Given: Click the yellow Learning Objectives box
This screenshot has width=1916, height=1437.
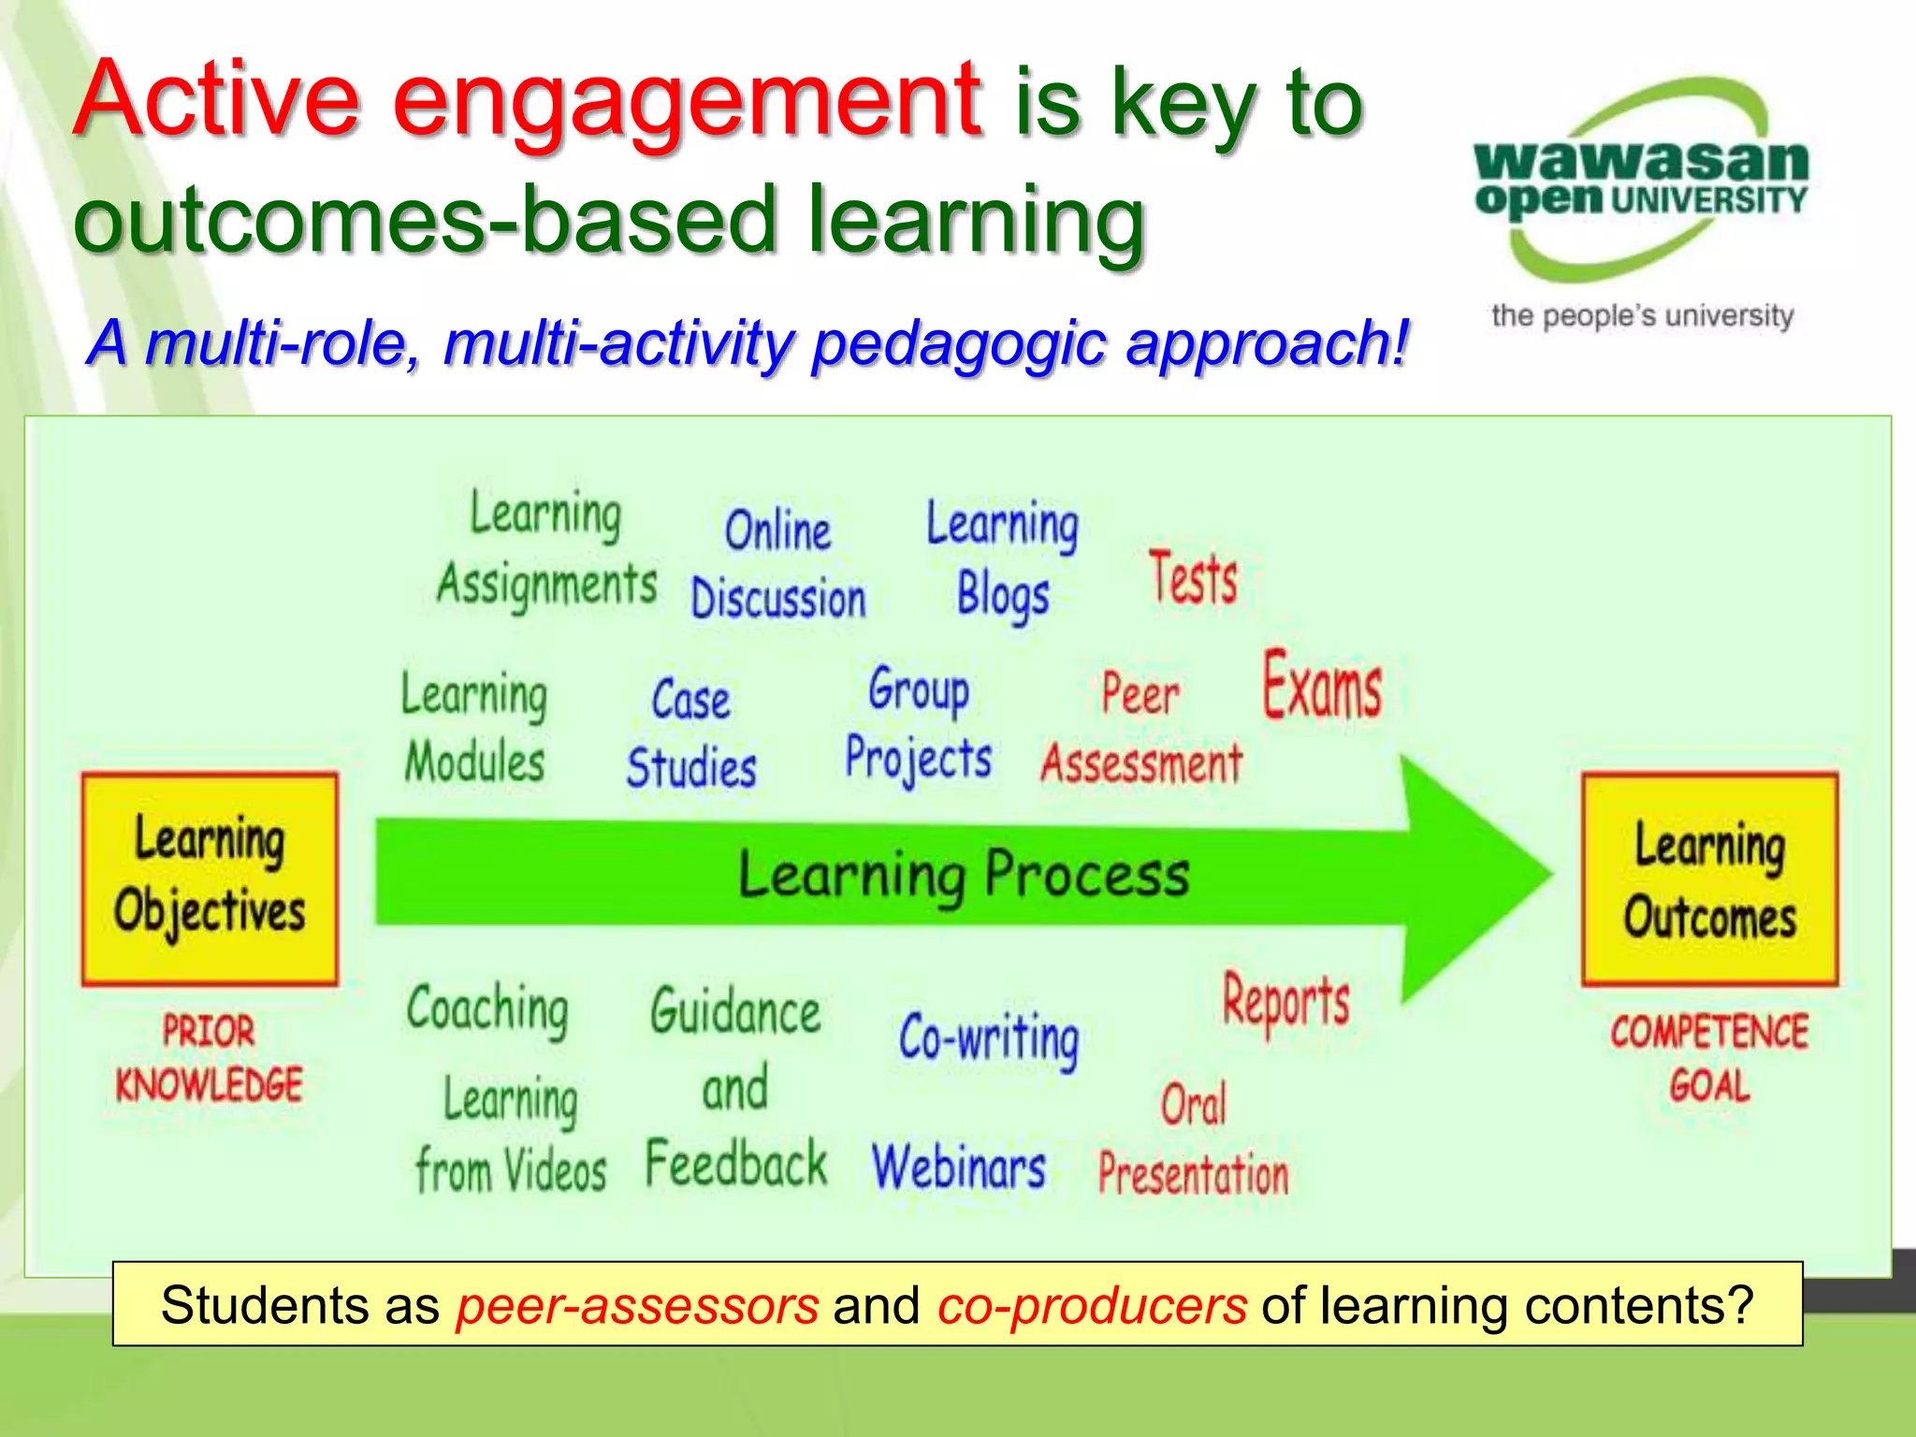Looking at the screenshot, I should coord(210,878).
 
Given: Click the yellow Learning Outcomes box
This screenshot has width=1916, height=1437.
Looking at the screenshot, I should coord(1709,879).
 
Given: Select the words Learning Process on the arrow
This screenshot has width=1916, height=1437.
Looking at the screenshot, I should coord(964,876).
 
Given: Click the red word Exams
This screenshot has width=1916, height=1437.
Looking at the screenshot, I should coord(1322,687).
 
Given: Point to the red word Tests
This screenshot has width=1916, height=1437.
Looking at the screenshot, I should coord(1193,579).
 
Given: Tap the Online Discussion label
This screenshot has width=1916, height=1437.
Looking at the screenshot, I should coord(778,565).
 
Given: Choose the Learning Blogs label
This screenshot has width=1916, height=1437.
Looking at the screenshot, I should coord(1002,559).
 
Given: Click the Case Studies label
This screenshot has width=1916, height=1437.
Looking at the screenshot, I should coord(691,733).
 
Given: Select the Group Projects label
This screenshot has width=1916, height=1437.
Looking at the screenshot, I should coord(919,724).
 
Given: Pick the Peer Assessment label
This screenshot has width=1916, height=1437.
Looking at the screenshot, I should coord(1141,730).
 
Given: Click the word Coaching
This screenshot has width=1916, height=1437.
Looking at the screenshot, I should coord(487,1009).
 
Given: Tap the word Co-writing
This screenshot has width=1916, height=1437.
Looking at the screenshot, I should coord(989,1038).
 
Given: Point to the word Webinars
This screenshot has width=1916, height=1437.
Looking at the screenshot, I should coord(959,1168).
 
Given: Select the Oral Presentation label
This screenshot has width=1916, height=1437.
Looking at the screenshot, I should coord(1193,1141).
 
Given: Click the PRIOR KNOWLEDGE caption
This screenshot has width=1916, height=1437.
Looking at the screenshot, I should coord(209,1058).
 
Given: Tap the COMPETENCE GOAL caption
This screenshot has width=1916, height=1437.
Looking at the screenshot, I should coord(1709,1058).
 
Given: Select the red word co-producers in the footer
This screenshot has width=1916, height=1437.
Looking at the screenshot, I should coord(1092,1305).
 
